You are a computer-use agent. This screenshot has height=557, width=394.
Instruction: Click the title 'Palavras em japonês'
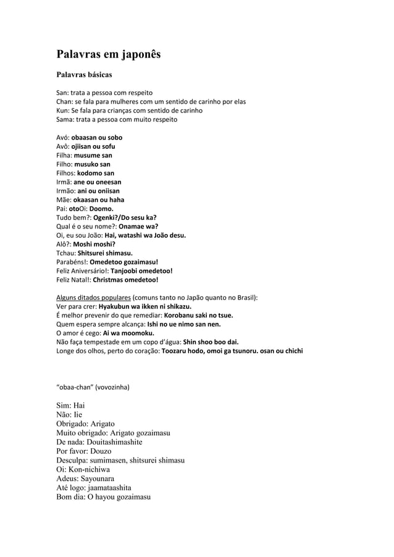tap(109, 54)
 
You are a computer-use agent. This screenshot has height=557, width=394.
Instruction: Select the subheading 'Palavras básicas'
tap(84, 75)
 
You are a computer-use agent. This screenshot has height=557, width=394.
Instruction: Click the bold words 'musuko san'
tap(92, 164)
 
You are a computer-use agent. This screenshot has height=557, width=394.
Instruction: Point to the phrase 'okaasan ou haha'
tap(98, 200)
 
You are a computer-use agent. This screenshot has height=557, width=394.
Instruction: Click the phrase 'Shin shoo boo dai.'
tap(211, 342)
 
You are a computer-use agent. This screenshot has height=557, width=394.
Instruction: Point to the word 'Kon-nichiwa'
tap(88, 469)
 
